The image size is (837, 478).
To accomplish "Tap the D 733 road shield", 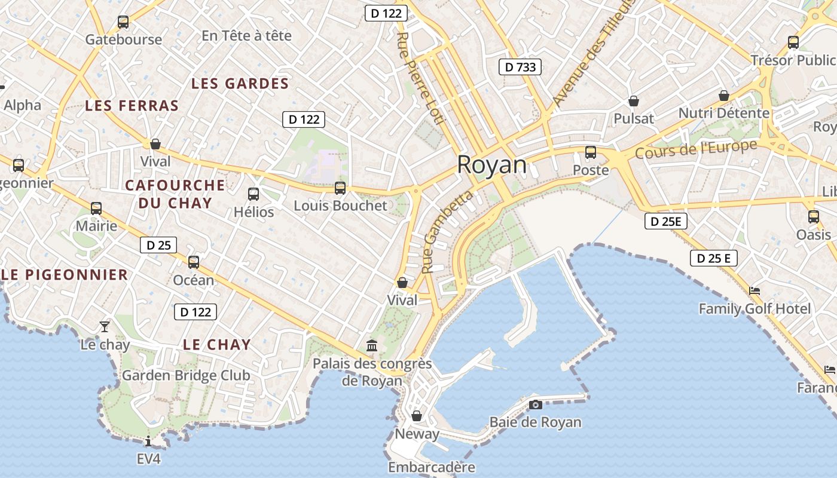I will [x=520, y=67].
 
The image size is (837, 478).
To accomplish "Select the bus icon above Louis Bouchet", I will [x=340, y=188].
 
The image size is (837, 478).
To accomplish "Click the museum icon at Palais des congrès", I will [x=372, y=345].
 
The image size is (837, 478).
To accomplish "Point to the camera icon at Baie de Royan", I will [x=535, y=405].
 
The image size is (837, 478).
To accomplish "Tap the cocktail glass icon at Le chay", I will [x=105, y=326].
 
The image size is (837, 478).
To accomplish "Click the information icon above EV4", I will [x=148, y=442].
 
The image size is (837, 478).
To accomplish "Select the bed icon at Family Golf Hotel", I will [x=754, y=291].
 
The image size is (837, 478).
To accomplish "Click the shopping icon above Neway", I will [x=416, y=416].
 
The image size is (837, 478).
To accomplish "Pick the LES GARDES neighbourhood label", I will [x=240, y=84].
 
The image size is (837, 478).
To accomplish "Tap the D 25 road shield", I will [x=158, y=245].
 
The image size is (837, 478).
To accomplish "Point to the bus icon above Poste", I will [x=591, y=152].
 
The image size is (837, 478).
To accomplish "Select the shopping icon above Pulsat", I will [x=633, y=101].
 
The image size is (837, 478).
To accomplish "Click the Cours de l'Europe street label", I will [x=696, y=149].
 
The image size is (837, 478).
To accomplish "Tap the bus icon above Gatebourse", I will [x=123, y=22].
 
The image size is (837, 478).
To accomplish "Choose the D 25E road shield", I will [x=666, y=222].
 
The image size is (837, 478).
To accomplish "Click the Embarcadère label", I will [x=431, y=467].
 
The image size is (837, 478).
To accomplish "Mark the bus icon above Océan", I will [x=193, y=262].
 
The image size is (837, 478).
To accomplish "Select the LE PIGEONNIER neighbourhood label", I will [x=65, y=275].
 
